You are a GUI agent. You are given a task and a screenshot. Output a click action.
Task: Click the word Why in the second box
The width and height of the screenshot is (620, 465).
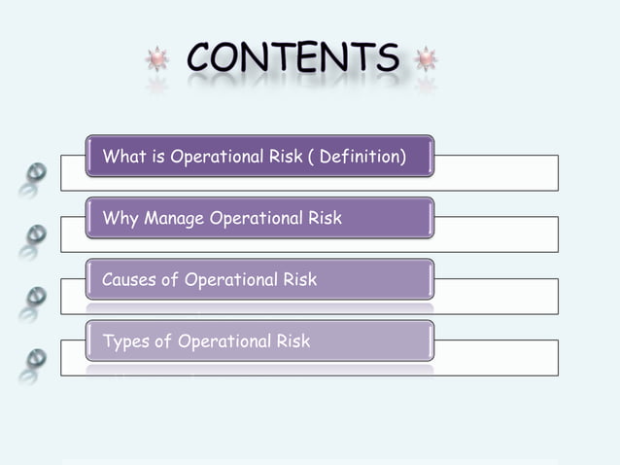coord(121,218)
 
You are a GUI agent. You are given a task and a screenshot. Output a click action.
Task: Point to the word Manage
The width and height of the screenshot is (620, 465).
coord(174,218)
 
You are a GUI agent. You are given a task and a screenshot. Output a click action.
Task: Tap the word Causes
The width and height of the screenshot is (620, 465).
coord(128,280)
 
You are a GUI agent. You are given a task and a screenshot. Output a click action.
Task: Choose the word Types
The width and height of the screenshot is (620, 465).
coord(125,341)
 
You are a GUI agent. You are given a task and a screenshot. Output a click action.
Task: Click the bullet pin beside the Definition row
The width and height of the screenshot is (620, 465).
coord(35,173)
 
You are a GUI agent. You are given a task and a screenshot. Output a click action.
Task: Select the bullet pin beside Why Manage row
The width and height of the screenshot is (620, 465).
coord(35,234)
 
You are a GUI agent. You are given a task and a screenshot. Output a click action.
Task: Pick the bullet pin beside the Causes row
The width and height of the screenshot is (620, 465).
coord(35,297)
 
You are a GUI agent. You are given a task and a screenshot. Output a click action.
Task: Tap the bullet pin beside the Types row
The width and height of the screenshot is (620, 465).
coord(35,359)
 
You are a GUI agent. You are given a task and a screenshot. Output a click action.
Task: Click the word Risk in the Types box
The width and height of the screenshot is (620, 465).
coord(292,341)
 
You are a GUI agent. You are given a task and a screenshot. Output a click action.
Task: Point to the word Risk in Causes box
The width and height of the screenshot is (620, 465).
coord(298,280)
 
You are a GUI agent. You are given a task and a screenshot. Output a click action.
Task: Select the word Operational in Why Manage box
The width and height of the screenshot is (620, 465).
coord(255,218)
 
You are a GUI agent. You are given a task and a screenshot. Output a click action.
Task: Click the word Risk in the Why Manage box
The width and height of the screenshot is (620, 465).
coord(325,218)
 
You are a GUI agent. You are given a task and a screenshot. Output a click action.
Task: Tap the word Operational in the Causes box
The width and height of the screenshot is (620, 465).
coord(229,280)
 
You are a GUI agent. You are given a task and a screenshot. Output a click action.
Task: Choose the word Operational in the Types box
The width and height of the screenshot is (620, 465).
coord(223,341)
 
